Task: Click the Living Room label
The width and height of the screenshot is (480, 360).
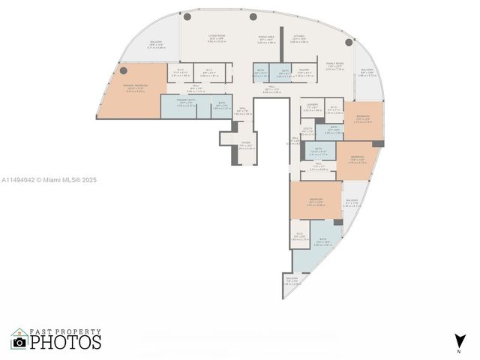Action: pyautogui.click(x=217, y=37)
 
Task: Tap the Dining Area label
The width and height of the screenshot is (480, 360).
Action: pyautogui.click(x=267, y=37)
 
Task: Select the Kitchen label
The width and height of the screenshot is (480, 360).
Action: pyautogui.click(x=298, y=37)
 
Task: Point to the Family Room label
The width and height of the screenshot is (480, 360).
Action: pyautogui.click(x=335, y=64)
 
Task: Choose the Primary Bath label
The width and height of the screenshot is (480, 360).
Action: pyautogui.click(x=186, y=100)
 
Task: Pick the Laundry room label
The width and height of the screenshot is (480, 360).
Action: pyautogui.click(x=312, y=107)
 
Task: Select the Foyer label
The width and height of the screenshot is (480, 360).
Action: pyautogui.click(x=245, y=142)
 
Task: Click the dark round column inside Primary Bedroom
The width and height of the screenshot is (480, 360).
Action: pyautogui.click(x=123, y=70)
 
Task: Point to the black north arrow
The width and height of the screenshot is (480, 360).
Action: pyautogui.click(x=458, y=340)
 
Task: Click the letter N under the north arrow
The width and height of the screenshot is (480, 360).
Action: pyautogui.click(x=458, y=351)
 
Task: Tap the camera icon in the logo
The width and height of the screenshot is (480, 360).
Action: pyautogui.click(x=19, y=342)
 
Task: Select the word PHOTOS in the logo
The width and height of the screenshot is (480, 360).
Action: pyautogui.click(x=66, y=343)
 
